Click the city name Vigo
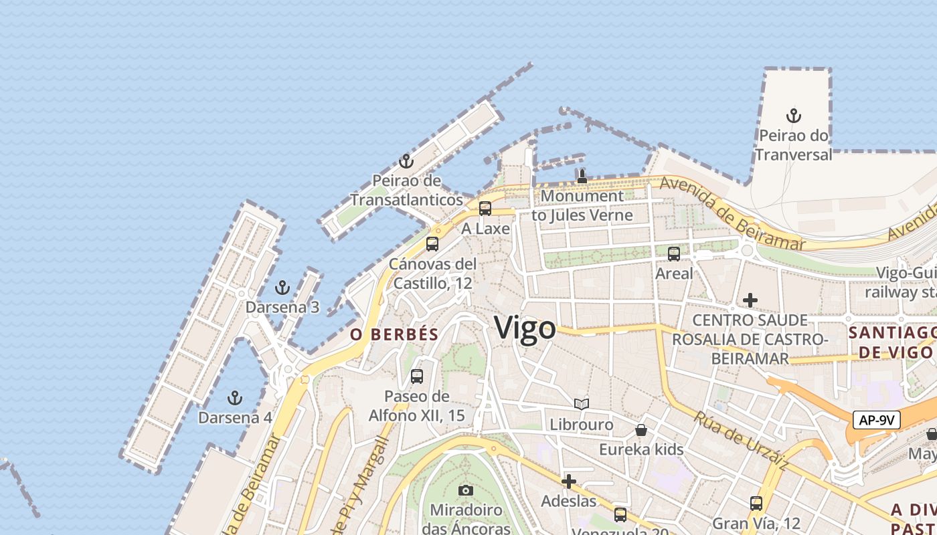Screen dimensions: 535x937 [525, 328]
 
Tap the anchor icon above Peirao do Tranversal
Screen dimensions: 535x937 [793, 116]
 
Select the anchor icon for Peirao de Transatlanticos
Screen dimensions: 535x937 [406, 161]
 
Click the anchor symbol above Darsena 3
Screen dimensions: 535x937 [282, 288]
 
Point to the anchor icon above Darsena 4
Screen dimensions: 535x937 [234, 399]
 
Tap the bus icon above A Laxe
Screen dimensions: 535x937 [485, 209]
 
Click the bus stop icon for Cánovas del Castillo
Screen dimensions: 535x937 [432, 244]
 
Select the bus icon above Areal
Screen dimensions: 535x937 [674, 254]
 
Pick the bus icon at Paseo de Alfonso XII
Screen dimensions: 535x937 [417, 377]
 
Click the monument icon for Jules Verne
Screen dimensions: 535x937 [582, 177]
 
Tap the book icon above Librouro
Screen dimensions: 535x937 [582, 405]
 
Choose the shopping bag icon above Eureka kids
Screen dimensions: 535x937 [641, 430]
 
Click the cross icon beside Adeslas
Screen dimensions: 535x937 [569, 481]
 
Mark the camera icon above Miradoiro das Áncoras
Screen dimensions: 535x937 [466, 491]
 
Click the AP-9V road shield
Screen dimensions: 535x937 [876, 420]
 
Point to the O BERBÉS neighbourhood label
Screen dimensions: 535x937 [394, 334]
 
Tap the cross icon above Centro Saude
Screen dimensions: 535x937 [750, 301]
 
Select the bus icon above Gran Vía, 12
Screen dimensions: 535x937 [756, 504]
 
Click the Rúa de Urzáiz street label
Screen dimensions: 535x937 [741, 440]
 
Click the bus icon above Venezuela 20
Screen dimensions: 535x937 [620, 515]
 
